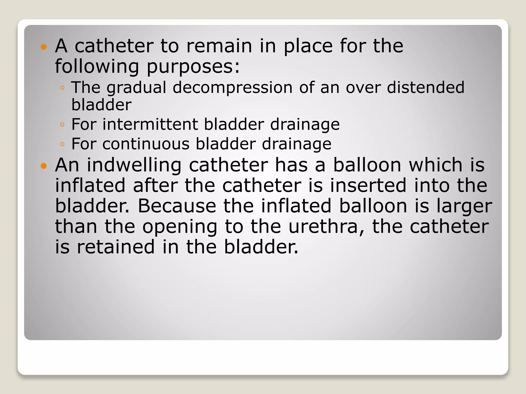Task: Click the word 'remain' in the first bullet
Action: pyautogui.click(x=219, y=46)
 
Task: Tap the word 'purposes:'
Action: pyautogui.click(x=193, y=67)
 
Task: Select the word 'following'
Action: pyautogui.click(x=97, y=67)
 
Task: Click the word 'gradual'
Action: pyautogui.click(x=136, y=88)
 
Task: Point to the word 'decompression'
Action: pyautogui.click(x=232, y=88)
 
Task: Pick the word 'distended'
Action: pyautogui.click(x=426, y=87)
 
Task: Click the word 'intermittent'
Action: pyautogui.click(x=150, y=124)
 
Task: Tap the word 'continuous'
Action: pyautogui.click(x=146, y=144)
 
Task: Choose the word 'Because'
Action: pyautogui.click(x=177, y=206)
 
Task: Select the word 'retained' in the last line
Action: pyautogui.click(x=116, y=247)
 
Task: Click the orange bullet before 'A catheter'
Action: pyautogui.click(x=44, y=47)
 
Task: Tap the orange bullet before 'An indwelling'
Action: pyautogui.click(x=44, y=166)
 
